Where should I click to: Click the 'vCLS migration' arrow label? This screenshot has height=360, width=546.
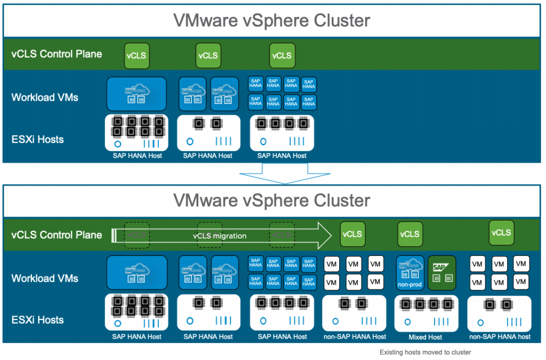(x=220, y=236)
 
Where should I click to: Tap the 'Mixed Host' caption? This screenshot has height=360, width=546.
(x=425, y=337)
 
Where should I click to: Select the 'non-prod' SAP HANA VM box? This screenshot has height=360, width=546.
(x=410, y=273)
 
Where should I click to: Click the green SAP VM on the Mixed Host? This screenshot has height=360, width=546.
(x=442, y=273)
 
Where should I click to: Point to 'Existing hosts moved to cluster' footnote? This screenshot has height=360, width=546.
(x=425, y=352)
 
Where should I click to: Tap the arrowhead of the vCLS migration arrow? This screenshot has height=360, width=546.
(x=323, y=235)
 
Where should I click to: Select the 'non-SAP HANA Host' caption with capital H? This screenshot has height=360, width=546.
(x=355, y=337)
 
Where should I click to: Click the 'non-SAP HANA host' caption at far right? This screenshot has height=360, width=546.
(x=500, y=337)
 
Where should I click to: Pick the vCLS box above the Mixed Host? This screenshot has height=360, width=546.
(x=409, y=234)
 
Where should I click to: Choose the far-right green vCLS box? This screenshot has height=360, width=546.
(x=501, y=233)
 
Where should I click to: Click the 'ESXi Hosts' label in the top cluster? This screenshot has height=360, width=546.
(x=37, y=140)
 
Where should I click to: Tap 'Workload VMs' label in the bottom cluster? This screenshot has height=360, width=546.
(x=45, y=278)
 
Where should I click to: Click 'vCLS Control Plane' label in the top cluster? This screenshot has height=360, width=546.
(x=57, y=54)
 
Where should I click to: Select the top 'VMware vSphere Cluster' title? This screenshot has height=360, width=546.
(x=272, y=21)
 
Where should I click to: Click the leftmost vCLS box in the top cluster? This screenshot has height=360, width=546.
(x=136, y=55)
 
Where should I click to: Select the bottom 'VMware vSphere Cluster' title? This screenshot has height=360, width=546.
(x=272, y=201)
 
